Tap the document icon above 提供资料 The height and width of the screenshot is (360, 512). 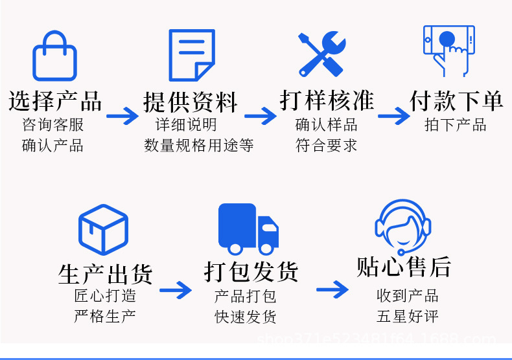tap(191, 55)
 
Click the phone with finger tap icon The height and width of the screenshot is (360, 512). tap(448, 51)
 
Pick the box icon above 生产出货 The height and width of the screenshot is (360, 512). tap(103, 229)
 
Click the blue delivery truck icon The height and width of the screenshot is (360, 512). tap(248, 229)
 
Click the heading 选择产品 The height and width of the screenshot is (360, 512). tap(55, 102)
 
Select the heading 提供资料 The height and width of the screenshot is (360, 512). tap(191, 102)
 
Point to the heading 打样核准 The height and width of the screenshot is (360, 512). tap(327, 101)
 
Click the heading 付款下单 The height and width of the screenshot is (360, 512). tap(456, 101)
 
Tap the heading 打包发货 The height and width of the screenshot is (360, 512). tap(251, 271)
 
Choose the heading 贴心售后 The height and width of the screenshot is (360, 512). tap(403, 266)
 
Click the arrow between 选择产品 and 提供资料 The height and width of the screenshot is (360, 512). tap(122, 117)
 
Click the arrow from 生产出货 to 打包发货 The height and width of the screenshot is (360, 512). tap(176, 289)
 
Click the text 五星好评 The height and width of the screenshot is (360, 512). tap(408, 317)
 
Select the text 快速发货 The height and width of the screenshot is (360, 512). tap(246, 317)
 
